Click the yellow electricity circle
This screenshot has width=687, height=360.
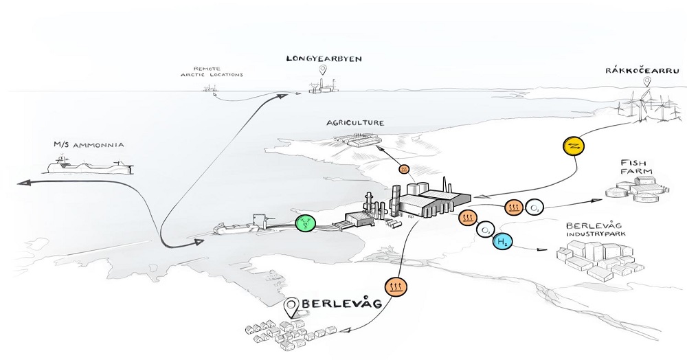[x=573, y=146]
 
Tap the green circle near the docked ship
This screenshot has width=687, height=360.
[x=304, y=222]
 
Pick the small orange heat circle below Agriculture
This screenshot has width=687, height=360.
[x=404, y=168]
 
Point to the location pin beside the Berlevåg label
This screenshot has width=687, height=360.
[x=293, y=307]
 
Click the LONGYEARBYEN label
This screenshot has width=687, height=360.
[x=315, y=58]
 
